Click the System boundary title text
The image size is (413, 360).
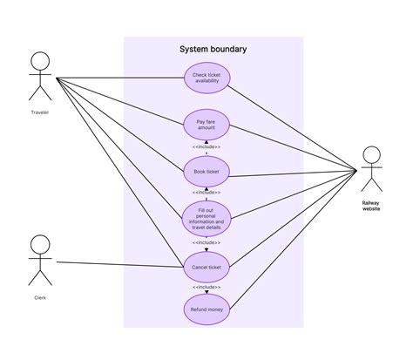pos(213,50)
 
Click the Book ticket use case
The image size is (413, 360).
pos(206,173)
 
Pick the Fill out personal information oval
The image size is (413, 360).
pos(206,217)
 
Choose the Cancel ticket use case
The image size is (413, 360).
pos(206,266)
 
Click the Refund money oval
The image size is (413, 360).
pos(206,309)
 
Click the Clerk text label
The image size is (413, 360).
pos(39,297)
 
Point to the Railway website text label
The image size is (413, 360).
pos(372,206)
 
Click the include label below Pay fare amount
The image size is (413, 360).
pos(206,147)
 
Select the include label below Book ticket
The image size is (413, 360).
pos(206,193)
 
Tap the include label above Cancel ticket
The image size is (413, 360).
pos(206,242)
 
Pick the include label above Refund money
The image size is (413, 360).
pos(206,287)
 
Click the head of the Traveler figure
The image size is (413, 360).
pos(39,61)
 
